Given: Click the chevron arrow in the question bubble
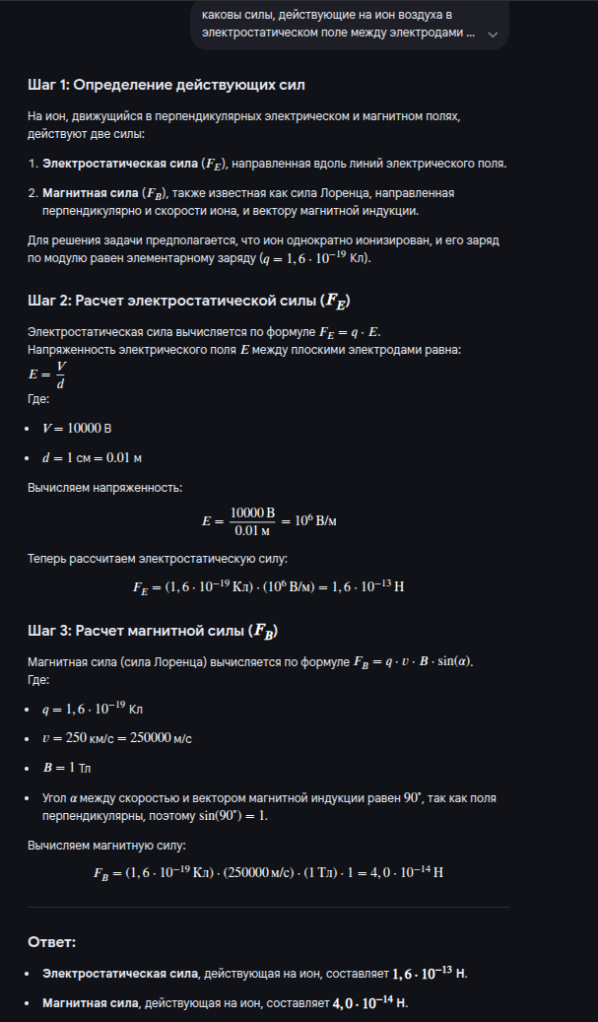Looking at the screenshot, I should pos(492,33).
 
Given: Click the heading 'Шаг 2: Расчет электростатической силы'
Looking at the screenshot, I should pos(188,301).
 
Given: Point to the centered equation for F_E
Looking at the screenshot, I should pos(269,585).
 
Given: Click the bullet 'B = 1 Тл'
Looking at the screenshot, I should pos(70,768).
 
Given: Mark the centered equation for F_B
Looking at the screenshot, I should pos(268,873).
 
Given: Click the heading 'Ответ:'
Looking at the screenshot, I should pos(51,943).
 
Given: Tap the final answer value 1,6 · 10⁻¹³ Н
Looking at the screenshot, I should pos(429,973).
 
